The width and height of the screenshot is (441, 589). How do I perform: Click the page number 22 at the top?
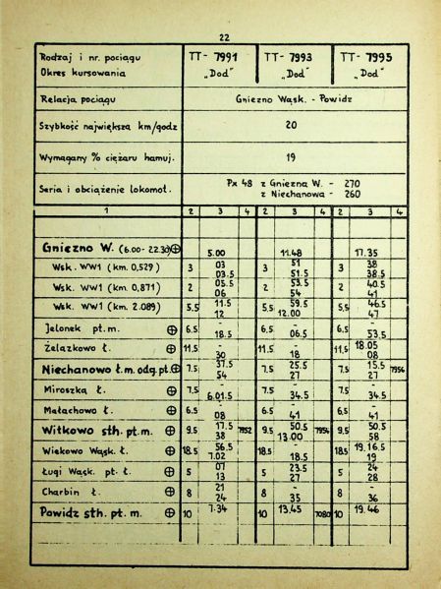(224, 36)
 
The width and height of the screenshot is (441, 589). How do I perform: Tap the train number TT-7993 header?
(292, 58)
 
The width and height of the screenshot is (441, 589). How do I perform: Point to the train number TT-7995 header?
(368, 58)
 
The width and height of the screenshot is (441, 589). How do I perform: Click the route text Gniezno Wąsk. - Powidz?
(293, 100)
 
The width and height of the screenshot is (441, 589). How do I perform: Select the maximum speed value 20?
(292, 126)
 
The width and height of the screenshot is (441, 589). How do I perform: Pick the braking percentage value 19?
(292, 155)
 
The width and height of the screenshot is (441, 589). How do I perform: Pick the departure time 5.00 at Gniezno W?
(218, 253)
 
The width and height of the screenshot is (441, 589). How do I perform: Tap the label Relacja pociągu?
(79, 99)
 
